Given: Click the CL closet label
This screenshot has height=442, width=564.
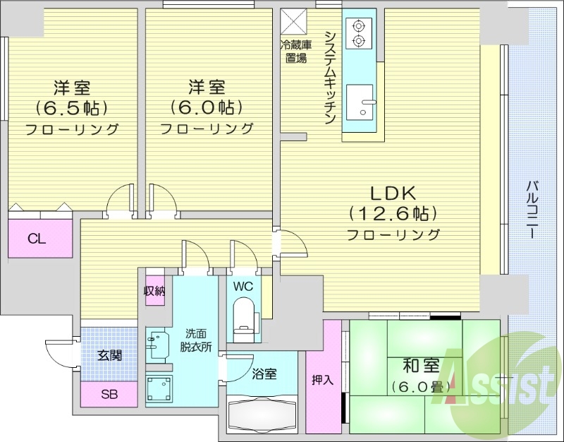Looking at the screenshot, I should (x=37, y=239).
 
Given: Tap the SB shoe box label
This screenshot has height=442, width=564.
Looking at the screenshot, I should (x=109, y=394).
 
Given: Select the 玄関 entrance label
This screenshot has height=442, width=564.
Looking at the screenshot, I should (x=109, y=354).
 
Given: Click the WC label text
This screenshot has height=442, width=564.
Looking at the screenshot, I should (x=243, y=287).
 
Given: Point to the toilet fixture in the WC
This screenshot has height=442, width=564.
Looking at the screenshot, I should (x=244, y=318).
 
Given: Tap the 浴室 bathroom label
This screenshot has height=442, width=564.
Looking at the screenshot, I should (x=264, y=374).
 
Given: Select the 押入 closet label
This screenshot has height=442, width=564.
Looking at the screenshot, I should (x=323, y=379).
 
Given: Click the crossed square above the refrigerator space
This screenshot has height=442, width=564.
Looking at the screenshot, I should (x=294, y=21).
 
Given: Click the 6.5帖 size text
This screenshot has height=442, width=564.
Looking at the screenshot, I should (x=71, y=108).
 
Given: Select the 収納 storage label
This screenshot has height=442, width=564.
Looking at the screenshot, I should (x=154, y=290).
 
